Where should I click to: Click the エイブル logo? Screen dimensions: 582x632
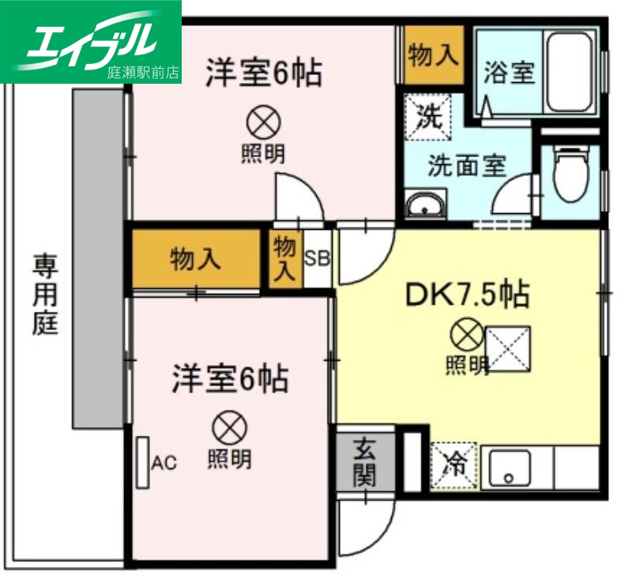click(x=91, y=41)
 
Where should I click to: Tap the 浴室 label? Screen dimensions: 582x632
click(x=510, y=73)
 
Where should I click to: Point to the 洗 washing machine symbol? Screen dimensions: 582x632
click(x=428, y=117)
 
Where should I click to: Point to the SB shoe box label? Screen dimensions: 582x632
click(x=317, y=258)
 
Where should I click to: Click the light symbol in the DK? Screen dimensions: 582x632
click(x=466, y=336)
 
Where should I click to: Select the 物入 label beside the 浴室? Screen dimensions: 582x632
click(x=433, y=54)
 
